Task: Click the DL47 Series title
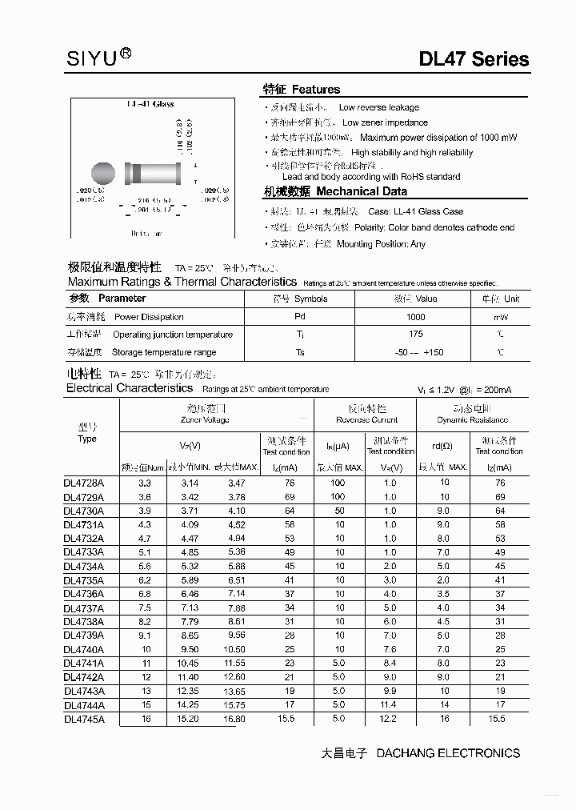(474, 59)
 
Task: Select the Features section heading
(302, 90)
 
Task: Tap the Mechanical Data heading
(335, 191)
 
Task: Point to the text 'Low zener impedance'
(384, 122)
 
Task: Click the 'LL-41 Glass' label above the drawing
(150, 104)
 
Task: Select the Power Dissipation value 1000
(415, 317)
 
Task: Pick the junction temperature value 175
(415, 335)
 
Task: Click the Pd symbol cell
(300, 317)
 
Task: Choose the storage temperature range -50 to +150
(419, 352)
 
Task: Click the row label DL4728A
(90, 483)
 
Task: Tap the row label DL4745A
(90, 719)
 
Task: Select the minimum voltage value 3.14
(190, 483)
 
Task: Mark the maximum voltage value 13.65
(234, 691)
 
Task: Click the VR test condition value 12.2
(390, 719)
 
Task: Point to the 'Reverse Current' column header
(366, 419)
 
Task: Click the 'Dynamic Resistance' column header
(472, 419)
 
